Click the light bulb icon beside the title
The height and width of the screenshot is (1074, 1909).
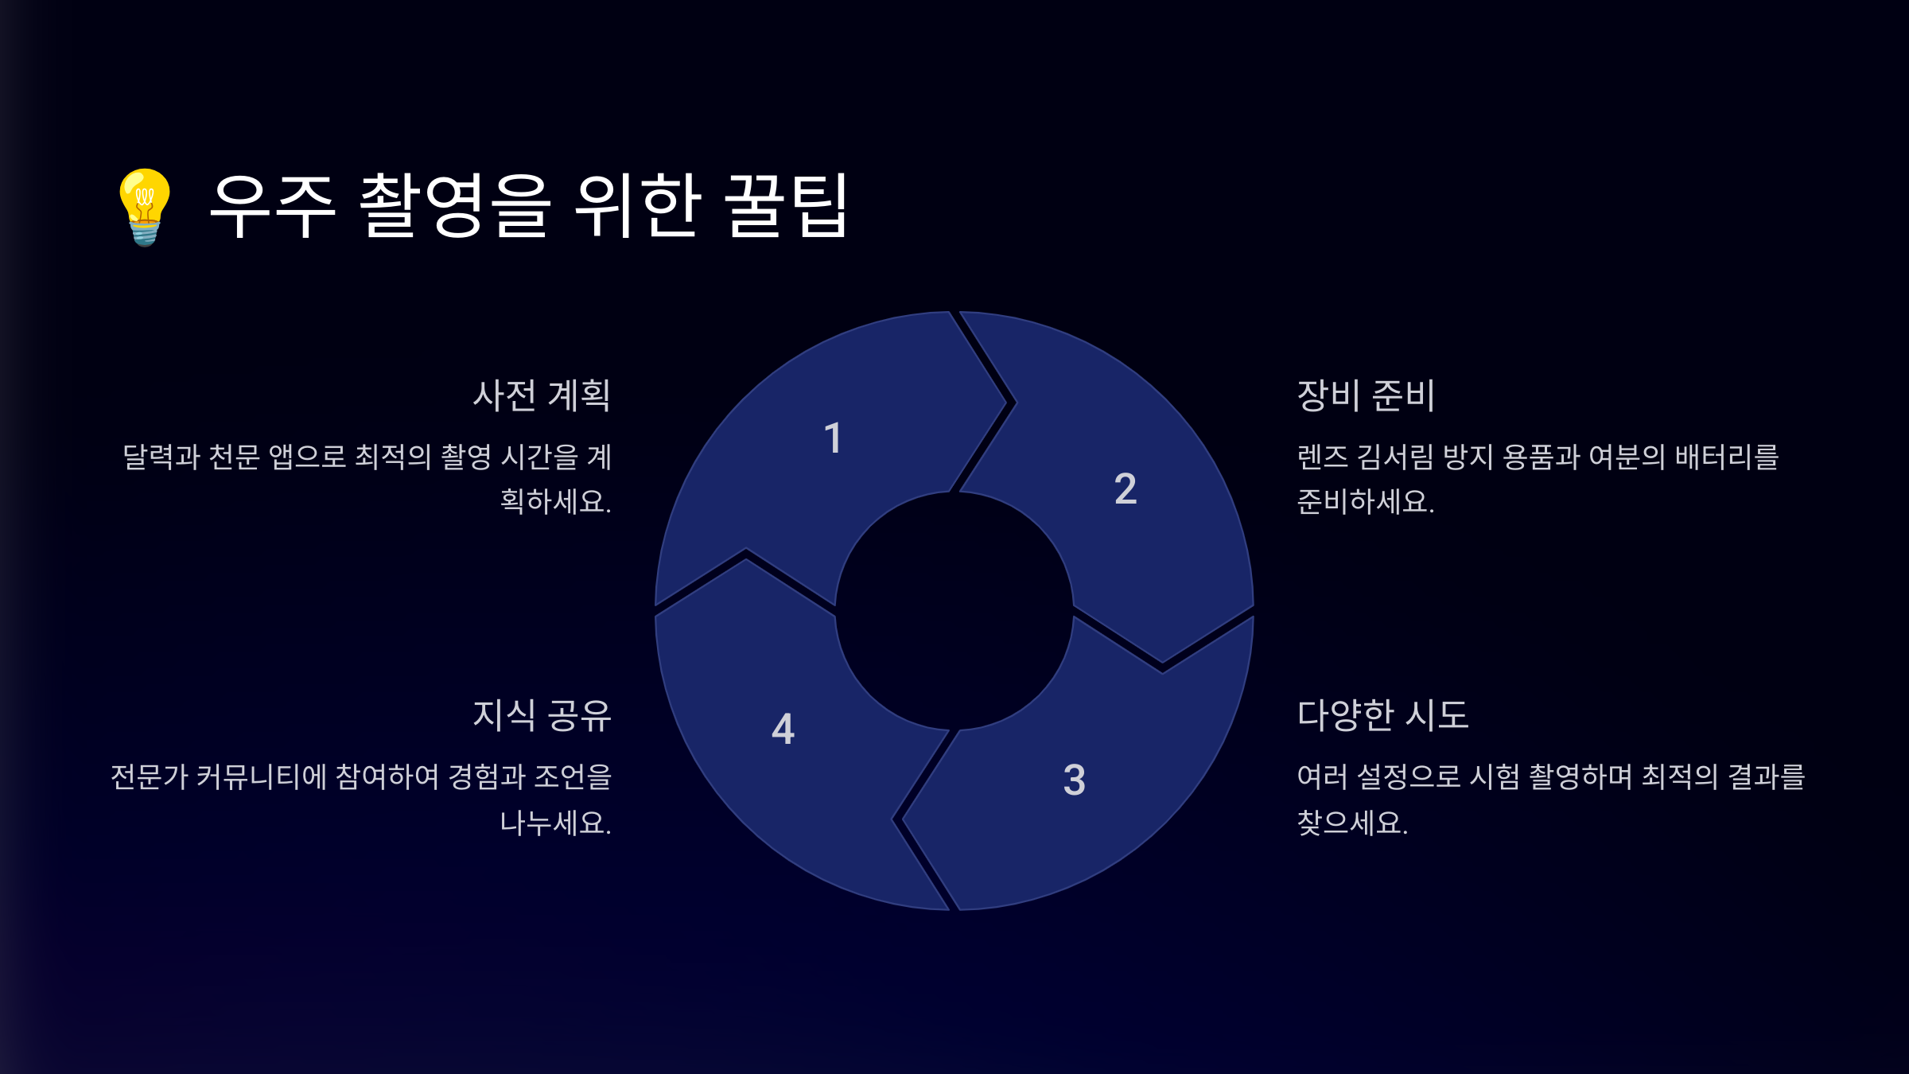point(145,207)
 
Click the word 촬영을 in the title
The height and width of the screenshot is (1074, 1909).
point(454,206)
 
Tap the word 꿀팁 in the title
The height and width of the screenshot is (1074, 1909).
point(787,206)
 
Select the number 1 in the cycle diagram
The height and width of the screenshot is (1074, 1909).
point(833,438)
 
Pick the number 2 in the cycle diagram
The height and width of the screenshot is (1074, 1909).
point(1126,488)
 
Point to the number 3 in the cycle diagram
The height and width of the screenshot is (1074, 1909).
point(1075,780)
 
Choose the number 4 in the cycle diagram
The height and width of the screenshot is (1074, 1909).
point(783,729)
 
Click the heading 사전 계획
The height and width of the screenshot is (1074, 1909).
point(542,395)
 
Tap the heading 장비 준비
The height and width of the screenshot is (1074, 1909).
point(1366,395)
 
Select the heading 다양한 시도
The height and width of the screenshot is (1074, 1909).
point(1382,715)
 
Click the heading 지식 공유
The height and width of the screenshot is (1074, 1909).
point(542,715)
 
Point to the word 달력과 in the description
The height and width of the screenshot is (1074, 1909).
point(161,457)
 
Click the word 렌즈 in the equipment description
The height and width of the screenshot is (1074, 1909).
point(1323,457)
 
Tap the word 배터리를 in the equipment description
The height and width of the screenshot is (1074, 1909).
point(1727,457)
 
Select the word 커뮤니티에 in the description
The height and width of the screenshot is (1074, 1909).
point(262,776)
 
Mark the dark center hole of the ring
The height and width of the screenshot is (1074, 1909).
point(954,611)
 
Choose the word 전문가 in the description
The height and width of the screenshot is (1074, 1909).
point(150,776)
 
